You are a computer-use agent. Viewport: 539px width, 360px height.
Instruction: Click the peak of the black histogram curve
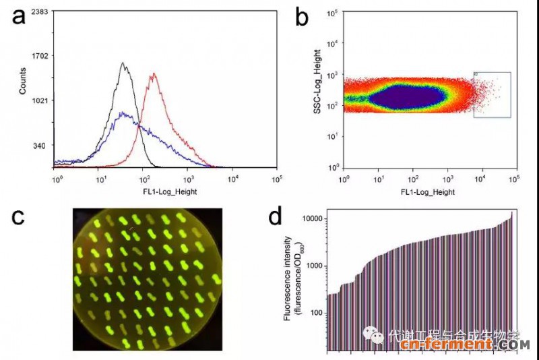pyautogui.click(x=123, y=63)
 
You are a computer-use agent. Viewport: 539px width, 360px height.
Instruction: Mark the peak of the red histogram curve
pyautogui.click(x=154, y=74)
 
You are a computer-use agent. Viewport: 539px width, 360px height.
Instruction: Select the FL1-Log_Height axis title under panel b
pyautogui.click(x=427, y=191)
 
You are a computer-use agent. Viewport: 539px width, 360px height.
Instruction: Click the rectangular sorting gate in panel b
pyautogui.click(x=492, y=95)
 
